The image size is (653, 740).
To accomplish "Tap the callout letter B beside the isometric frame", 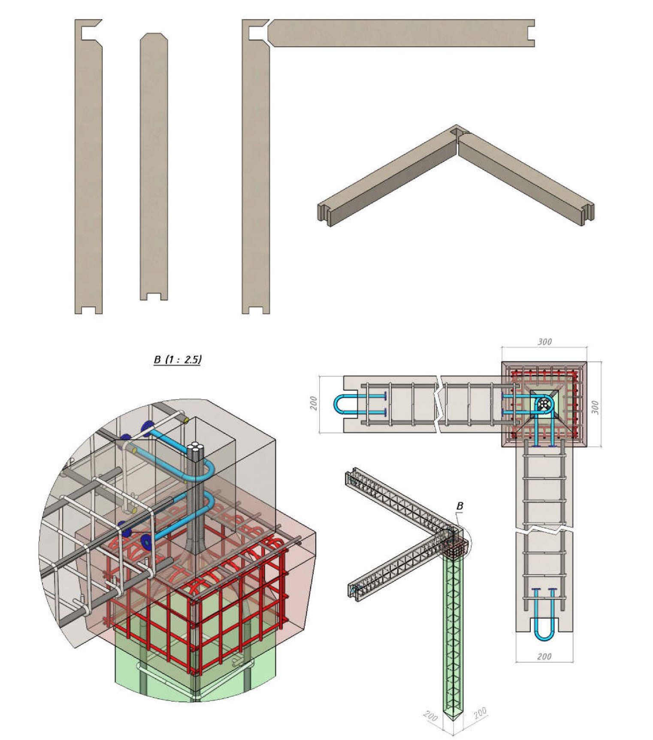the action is pyautogui.click(x=460, y=506).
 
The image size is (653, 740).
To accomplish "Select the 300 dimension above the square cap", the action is pyautogui.click(x=544, y=342).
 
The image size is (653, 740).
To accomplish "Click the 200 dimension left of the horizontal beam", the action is pyautogui.click(x=314, y=403).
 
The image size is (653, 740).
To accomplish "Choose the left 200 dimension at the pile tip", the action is pyautogui.click(x=430, y=716).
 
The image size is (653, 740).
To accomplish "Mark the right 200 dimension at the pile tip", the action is pyautogui.click(x=481, y=713).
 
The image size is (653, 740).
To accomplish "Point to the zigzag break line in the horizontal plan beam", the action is pyautogui.click(x=439, y=404).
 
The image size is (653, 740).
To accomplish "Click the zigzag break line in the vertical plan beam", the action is pyautogui.click(x=544, y=530).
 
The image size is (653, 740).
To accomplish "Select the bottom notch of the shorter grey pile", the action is pyautogui.click(x=154, y=297).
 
